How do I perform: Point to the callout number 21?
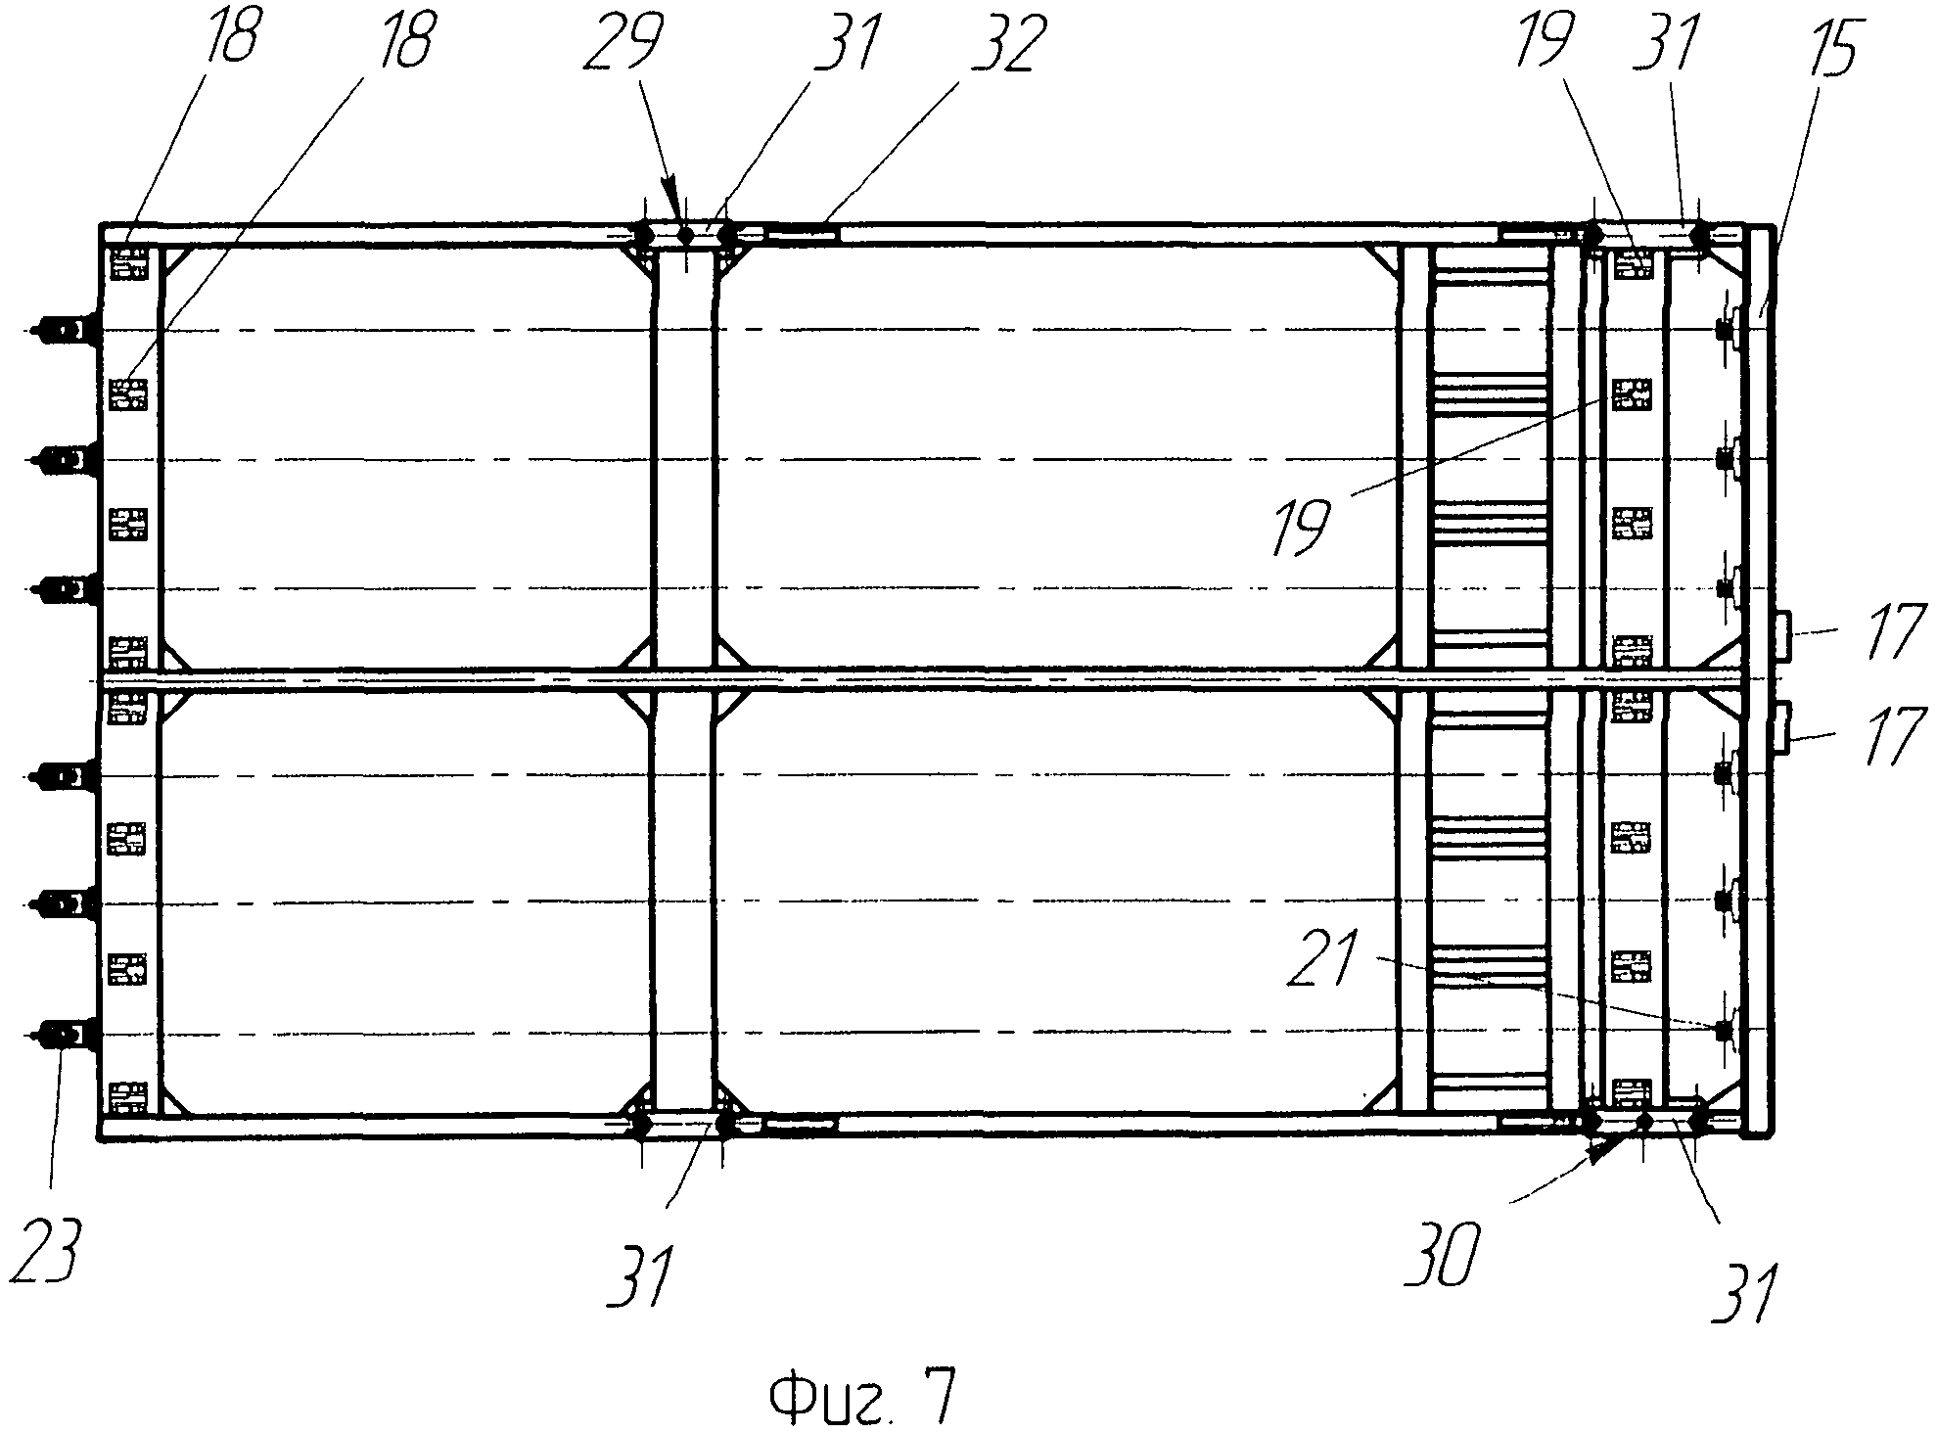pyautogui.click(x=1327, y=960)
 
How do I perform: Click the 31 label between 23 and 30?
pyautogui.click(x=643, y=1276)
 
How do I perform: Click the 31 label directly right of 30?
pyautogui.click(x=1746, y=1292)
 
